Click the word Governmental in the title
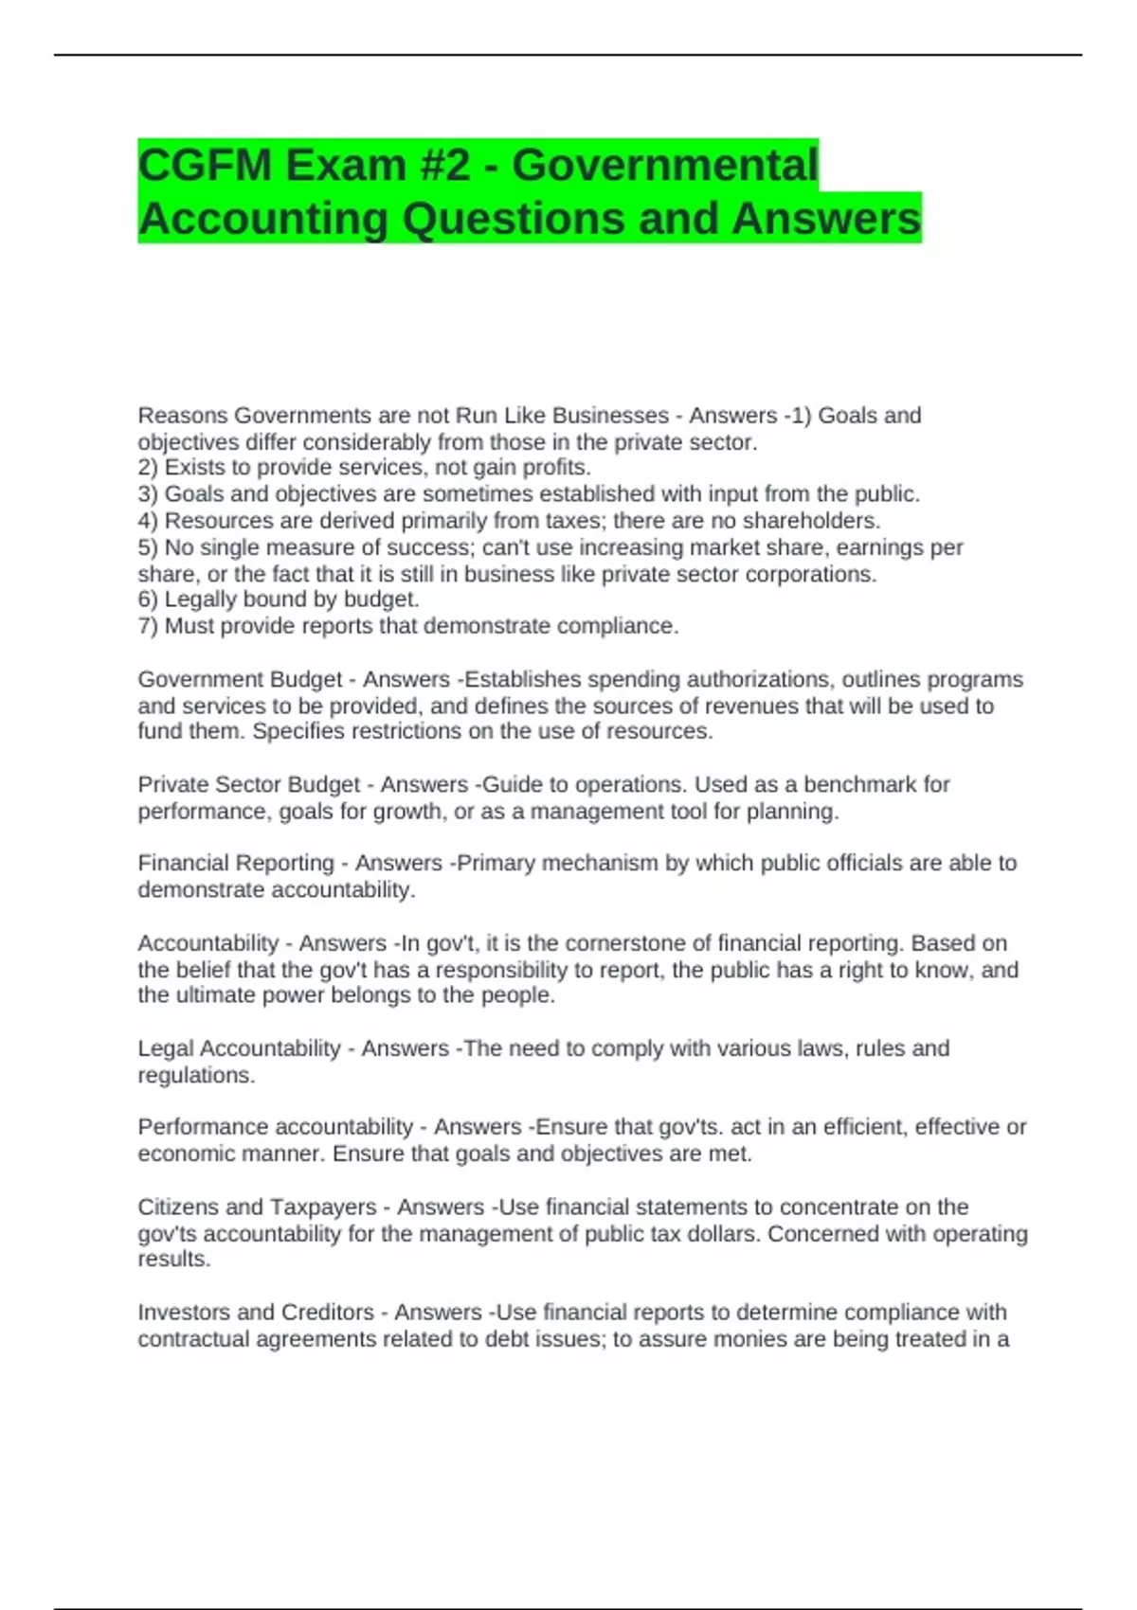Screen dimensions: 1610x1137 pos(664,165)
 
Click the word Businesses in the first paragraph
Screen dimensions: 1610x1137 pos(610,416)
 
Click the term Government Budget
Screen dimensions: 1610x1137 pos(240,680)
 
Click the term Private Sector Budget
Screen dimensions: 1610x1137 pos(248,785)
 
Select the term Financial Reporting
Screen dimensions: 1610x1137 pos(236,864)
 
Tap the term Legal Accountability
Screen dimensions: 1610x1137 pos(239,1048)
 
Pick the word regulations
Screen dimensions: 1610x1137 pos(196,1076)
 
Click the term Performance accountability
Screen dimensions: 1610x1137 pos(276,1127)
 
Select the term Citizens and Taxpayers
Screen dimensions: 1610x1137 pos(257,1207)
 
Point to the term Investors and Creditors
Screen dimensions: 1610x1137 pos(256,1313)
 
